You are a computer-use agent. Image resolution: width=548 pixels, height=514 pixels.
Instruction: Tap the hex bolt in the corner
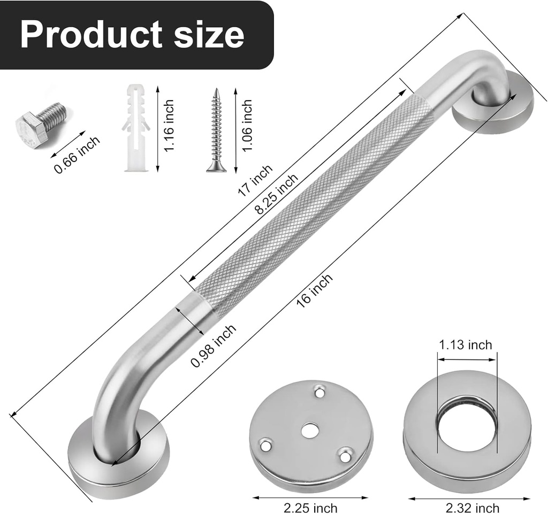point(40,124)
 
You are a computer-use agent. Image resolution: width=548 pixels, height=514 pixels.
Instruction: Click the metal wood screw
point(216,131)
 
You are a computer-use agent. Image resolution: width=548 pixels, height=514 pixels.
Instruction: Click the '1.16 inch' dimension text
point(169,126)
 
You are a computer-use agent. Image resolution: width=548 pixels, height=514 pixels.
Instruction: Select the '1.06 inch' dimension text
point(247,126)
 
